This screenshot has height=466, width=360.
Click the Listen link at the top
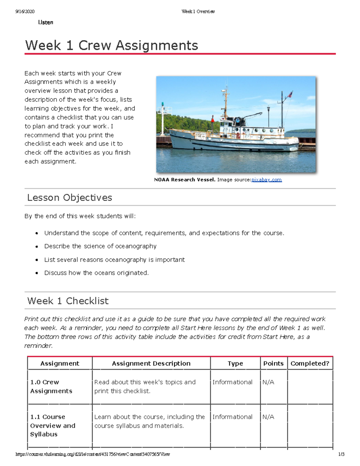[x=46, y=23]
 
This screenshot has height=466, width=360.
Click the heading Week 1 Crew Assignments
[x=111, y=46]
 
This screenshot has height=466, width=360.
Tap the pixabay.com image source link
[x=266, y=180]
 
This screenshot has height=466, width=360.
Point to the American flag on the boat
[x=290, y=95]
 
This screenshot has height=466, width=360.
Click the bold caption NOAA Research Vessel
[x=184, y=180]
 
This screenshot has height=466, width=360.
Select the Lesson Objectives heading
[x=70, y=197]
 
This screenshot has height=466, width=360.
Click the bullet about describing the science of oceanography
[x=100, y=246]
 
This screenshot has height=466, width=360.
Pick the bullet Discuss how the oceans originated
[x=96, y=273]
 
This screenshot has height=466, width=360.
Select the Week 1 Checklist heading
[x=68, y=301]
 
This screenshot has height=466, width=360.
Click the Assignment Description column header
[x=151, y=363]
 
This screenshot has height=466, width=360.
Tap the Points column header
[x=273, y=363]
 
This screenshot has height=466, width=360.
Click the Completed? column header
[x=310, y=363]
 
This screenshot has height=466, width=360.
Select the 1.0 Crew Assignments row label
[x=51, y=386]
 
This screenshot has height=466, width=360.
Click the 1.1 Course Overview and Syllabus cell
[x=52, y=425]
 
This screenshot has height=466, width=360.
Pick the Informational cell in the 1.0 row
[x=232, y=382]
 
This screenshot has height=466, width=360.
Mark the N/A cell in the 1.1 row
[x=268, y=417]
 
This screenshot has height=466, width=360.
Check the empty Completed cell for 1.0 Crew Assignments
[x=310, y=386]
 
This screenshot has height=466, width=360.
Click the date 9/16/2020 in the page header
[x=25, y=12]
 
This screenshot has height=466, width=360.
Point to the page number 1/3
[x=341, y=454]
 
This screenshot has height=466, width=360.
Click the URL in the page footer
[x=93, y=454]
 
